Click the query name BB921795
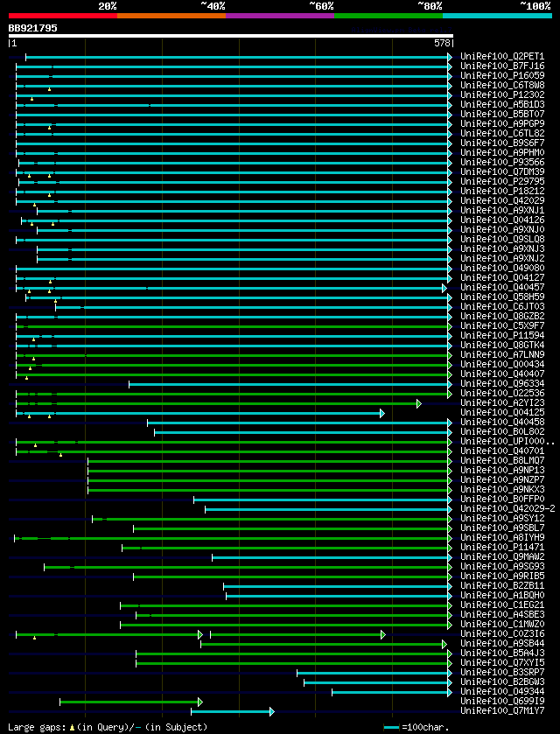(x=33, y=28)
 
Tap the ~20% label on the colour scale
(x=108, y=6)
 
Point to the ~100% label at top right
(x=535, y=6)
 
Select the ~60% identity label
(x=321, y=6)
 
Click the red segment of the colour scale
(x=62, y=16)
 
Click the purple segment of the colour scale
(x=279, y=16)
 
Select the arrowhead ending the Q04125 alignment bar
(x=382, y=412)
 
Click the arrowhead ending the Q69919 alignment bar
(x=200, y=702)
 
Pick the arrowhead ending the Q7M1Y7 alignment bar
(x=272, y=711)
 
